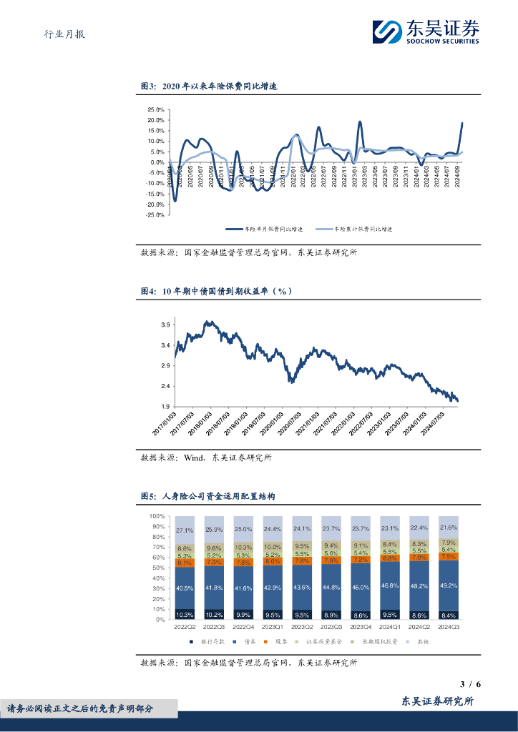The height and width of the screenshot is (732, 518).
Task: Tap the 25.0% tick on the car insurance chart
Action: [156, 110]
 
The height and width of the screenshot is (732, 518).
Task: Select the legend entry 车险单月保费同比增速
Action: [264, 229]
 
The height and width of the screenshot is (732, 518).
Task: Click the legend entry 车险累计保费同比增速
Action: [353, 229]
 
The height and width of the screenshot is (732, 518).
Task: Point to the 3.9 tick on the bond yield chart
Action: [165, 325]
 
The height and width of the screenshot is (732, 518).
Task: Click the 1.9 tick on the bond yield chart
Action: [165, 407]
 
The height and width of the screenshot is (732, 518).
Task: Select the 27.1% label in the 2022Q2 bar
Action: [185, 530]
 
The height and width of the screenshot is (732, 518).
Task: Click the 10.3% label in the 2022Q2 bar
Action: [185, 614]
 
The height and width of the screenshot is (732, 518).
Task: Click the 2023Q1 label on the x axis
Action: [272, 626]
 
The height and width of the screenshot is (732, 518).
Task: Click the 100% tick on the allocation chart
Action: [157, 516]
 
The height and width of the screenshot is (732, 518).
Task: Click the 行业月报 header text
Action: [59, 34]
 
